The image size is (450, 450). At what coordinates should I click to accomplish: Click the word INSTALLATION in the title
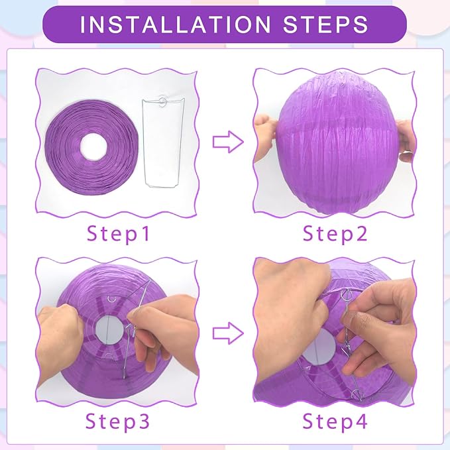[176, 25]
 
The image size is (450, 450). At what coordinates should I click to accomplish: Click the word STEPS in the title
[325, 25]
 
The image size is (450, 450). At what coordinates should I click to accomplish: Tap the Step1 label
[118, 233]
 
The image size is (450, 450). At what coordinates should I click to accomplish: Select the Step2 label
[335, 233]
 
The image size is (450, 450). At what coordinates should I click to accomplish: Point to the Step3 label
[118, 422]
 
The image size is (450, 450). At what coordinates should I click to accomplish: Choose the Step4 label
[335, 422]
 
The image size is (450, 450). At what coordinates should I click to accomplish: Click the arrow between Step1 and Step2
[228, 142]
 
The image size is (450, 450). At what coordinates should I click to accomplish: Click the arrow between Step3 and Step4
[228, 333]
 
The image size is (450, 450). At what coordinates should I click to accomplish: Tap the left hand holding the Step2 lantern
[266, 138]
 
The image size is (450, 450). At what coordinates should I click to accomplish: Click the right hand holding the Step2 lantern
[406, 141]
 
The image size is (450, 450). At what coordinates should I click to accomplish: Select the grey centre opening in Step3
[109, 330]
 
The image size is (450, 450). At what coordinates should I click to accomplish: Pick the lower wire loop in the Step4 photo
[357, 394]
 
